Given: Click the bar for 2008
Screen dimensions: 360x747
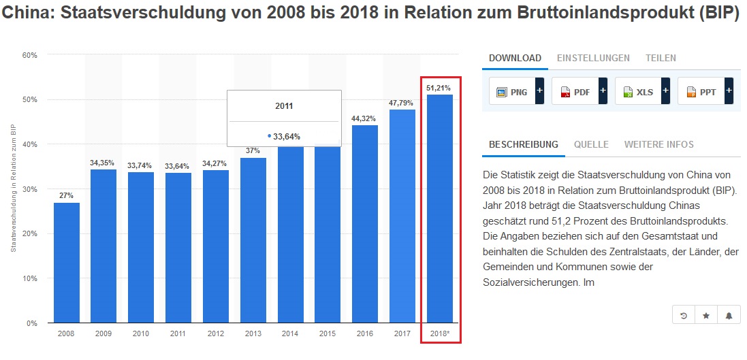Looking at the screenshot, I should coord(67,263).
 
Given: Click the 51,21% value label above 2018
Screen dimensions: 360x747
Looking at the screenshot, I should coord(439,88).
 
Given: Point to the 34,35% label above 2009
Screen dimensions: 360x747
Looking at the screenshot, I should coord(104,163).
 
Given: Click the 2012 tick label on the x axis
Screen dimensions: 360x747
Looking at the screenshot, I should coord(215,334).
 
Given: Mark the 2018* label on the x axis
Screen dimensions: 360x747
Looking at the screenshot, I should coord(439,334).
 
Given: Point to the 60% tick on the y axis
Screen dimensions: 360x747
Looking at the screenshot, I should coord(30,55).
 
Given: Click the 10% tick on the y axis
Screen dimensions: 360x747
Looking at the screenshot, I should coord(30,279).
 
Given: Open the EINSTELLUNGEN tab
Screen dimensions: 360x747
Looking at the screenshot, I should coord(593,58).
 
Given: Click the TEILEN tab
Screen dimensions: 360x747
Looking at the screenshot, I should coord(661,58).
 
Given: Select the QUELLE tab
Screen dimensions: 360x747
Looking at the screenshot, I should coord(591,144).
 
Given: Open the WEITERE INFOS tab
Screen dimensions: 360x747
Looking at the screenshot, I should coord(658,144).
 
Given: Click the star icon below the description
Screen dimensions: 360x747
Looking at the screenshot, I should coord(706,315).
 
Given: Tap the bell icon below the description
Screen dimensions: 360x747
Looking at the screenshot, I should coord(729,315).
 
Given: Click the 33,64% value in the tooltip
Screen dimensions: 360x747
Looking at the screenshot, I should coord(286,136).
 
